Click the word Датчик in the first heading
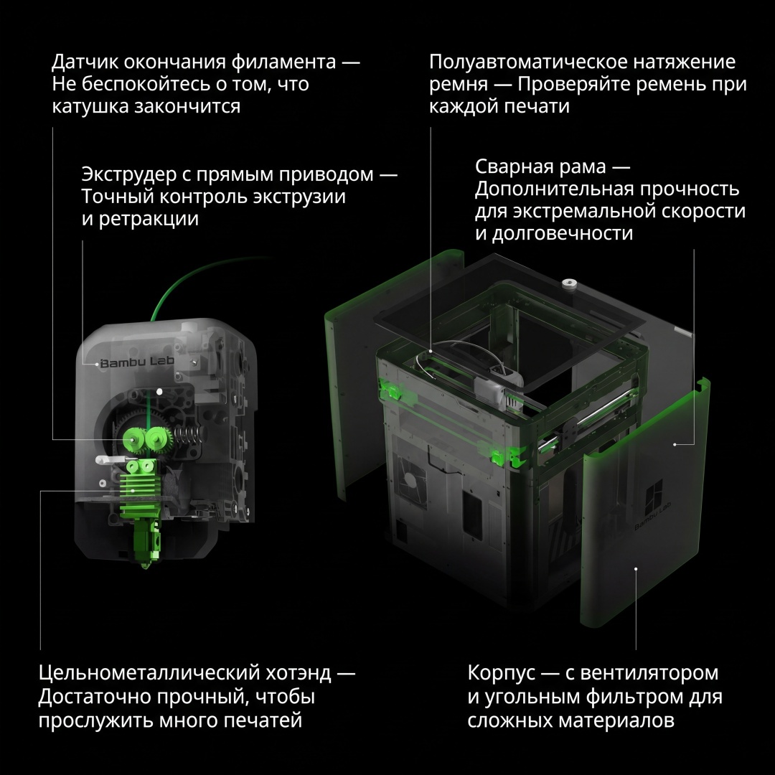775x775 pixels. point(84,62)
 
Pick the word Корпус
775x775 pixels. point(501,673)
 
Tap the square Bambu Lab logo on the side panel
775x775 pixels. point(656,496)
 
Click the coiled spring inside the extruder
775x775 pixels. point(184,436)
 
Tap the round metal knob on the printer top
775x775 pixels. point(569,283)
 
